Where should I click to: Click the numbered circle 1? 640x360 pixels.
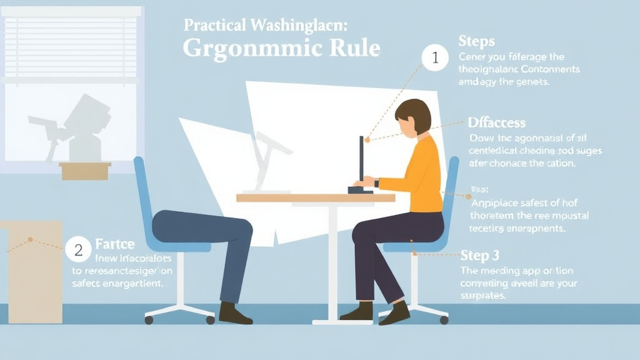(x=435, y=59)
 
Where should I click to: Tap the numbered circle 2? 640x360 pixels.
(x=78, y=251)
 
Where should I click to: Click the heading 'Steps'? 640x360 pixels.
(x=476, y=41)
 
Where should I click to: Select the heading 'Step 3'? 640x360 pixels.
(x=480, y=255)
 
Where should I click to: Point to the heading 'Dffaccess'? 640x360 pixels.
(x=497, y=122)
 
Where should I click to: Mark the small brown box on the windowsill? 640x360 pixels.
(x=85, y=171)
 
